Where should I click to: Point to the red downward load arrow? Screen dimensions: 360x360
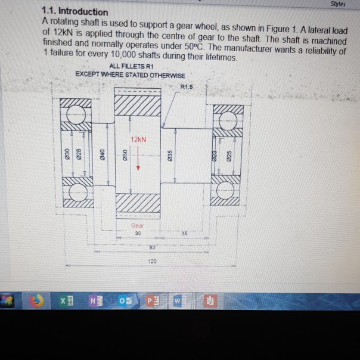(138, 160)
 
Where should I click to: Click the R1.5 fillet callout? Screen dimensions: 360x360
(187, 87)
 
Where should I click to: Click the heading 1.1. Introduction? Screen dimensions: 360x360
(75, 12)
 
